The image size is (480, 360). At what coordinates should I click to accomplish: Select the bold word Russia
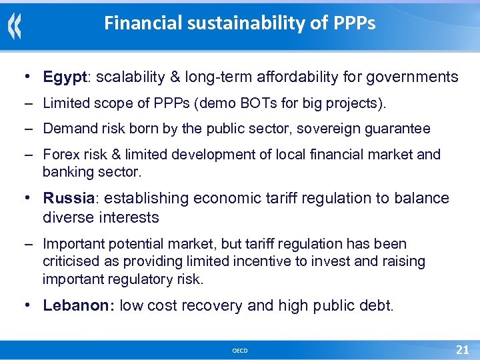[67, 198]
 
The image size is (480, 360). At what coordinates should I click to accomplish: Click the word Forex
[61, 155]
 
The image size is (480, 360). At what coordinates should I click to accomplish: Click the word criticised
[71, 261]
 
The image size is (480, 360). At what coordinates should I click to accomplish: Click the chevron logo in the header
[15, 26]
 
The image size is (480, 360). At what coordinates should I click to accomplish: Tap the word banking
[67, 171]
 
